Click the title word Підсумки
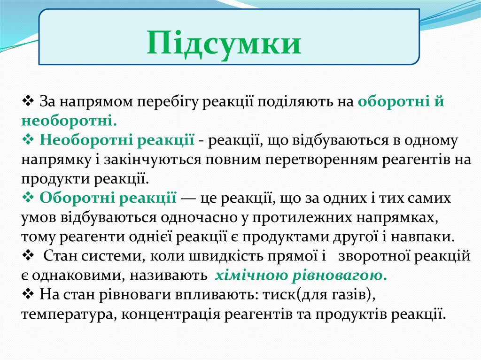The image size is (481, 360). point(224,43)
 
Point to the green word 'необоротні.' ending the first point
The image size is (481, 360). point(69,121)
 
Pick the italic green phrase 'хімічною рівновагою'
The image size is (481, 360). point(301,275)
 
